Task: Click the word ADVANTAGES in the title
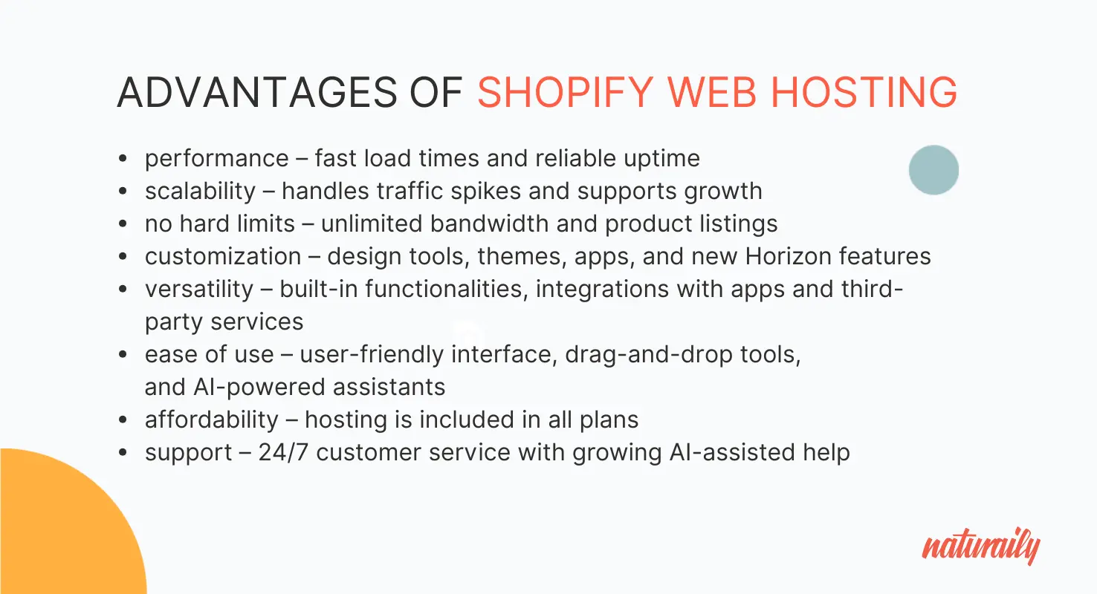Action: point(257,92)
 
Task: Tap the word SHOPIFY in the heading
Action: point(566,92)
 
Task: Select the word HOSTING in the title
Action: point(864,92)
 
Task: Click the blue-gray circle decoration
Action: point(933,170)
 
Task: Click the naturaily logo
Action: point(981,546)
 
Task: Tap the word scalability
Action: point(200,191)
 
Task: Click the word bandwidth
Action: point(489,223)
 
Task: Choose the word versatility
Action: point(199,289)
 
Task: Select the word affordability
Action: point(212,420)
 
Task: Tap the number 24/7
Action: point(283,452)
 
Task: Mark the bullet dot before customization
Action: point(123,256)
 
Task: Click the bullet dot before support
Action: point(123,452)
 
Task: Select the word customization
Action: point(223,256)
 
